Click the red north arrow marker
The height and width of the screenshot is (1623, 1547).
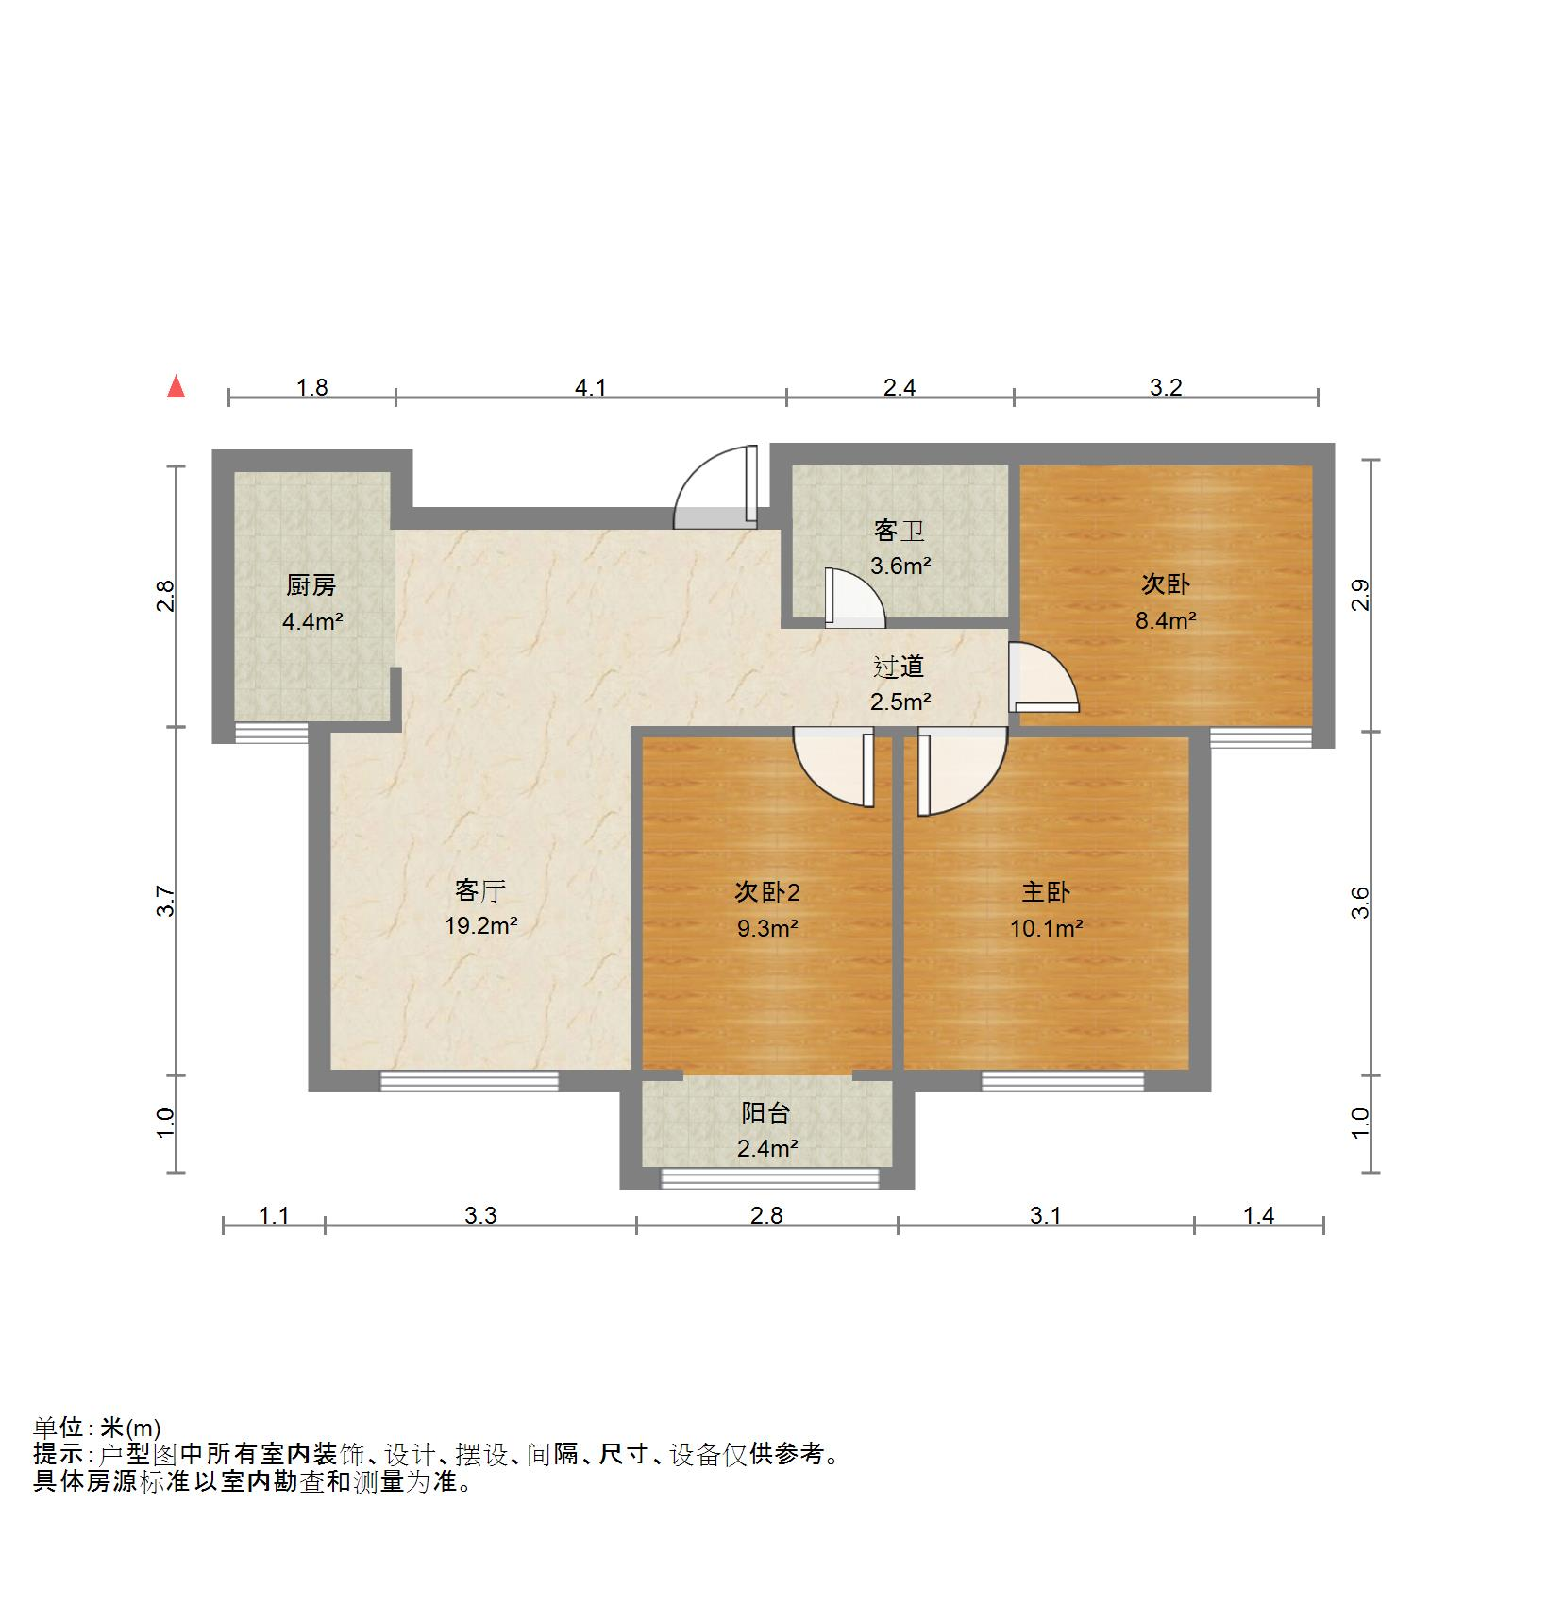pyautogui.click(x=176, y=387)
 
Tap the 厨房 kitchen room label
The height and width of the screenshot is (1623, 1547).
pyautogui.click(x=311, y=586)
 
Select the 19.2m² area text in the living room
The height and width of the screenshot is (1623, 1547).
pyautogui.click(x=480, y=926)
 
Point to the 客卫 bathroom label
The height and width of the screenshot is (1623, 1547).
pyautogui.click(x=899, y=532)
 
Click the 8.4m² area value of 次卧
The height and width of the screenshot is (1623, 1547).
pyautogui.click(x=1166, y=620)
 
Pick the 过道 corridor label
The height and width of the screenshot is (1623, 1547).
pyautogui.click(x=899, y=668)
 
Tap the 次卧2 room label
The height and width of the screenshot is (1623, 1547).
pyautogui.click(x=767, y=892)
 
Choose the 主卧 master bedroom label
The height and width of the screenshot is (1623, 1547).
pyautogui.click(x=1046, y=892)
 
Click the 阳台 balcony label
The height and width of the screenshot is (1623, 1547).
pyautogui.click(x=765, y=1113)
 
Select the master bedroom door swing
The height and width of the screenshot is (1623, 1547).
pyautogui.click(x=958, y=769)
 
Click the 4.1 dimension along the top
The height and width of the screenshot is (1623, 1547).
pyautogui.click(x=591, y=387)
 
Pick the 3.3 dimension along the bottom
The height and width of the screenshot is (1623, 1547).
pyautogui.click(x=480, y=1216)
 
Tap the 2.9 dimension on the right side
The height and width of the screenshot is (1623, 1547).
pyautogui.click(x=1360, y=595)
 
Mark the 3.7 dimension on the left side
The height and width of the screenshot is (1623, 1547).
pyautogui.click(x=166, y=902)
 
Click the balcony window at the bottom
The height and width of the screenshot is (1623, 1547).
pyautogui.click(x=769, y=1177)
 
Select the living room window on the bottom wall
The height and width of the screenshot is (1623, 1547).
pyautogui.click(x=469, y=1081)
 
